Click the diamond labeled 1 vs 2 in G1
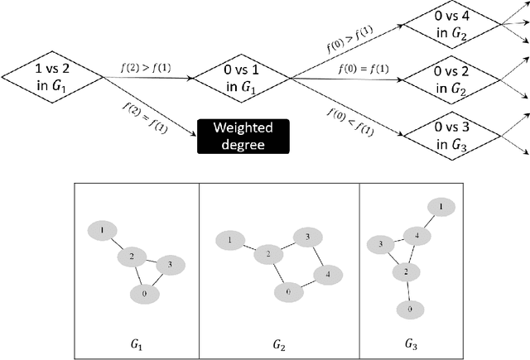point(51,79)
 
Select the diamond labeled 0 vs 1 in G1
point(239,79)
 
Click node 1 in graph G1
point(101,229)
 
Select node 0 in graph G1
point(145,293)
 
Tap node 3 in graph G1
point(170,265)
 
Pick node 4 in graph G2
point(328,273)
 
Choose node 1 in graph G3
point(441,206)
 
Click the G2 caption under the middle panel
point(279,341)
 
